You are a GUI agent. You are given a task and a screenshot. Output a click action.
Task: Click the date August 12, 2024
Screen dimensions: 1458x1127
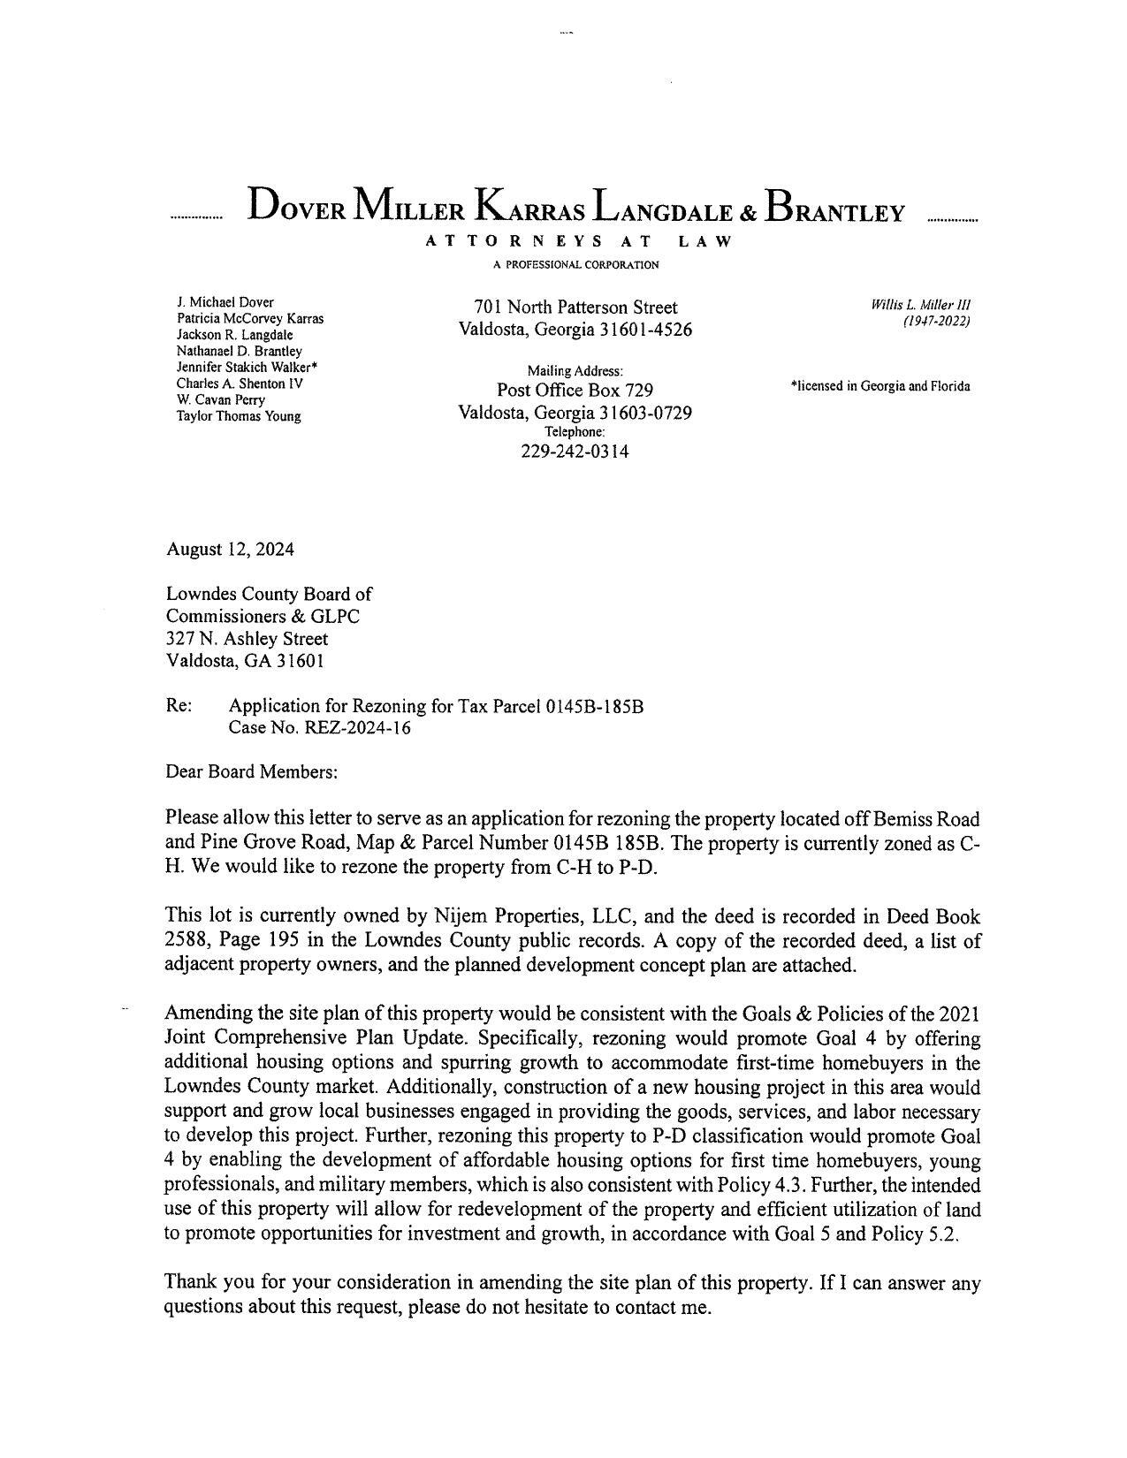pos(230,550)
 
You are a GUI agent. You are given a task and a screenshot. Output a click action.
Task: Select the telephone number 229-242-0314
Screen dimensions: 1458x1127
pos(575,452)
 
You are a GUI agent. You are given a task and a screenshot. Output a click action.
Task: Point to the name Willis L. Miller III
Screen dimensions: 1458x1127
pos(920,305)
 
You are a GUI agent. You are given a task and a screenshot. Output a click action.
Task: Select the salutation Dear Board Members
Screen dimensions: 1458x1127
pos(252,771)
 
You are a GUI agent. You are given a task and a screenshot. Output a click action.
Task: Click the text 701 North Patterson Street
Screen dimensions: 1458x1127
pos(575,308)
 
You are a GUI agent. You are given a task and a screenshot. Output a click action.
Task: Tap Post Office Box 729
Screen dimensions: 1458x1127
pos(575,391)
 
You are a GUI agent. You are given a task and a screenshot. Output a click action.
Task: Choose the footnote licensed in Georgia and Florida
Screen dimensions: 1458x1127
pos(880,386)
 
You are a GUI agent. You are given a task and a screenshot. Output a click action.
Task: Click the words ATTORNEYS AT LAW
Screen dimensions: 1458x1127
pos(578,241)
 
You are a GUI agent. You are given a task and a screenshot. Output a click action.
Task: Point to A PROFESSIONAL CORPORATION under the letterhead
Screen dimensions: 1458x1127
pos(575,265)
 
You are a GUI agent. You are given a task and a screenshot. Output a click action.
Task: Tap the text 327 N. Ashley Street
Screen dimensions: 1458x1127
pos(247,639)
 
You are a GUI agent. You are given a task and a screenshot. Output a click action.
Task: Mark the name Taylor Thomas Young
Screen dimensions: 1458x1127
pos(238,416)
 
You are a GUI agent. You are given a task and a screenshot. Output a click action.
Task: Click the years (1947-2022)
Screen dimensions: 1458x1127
pos(936,322)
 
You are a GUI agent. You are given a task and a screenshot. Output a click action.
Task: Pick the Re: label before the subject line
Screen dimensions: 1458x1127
pos(179,706)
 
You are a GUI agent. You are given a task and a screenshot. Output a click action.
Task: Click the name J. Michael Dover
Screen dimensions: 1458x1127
pos(225,302)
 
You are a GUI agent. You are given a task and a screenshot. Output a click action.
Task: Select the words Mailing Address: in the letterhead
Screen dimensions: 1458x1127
pos(575,372)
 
